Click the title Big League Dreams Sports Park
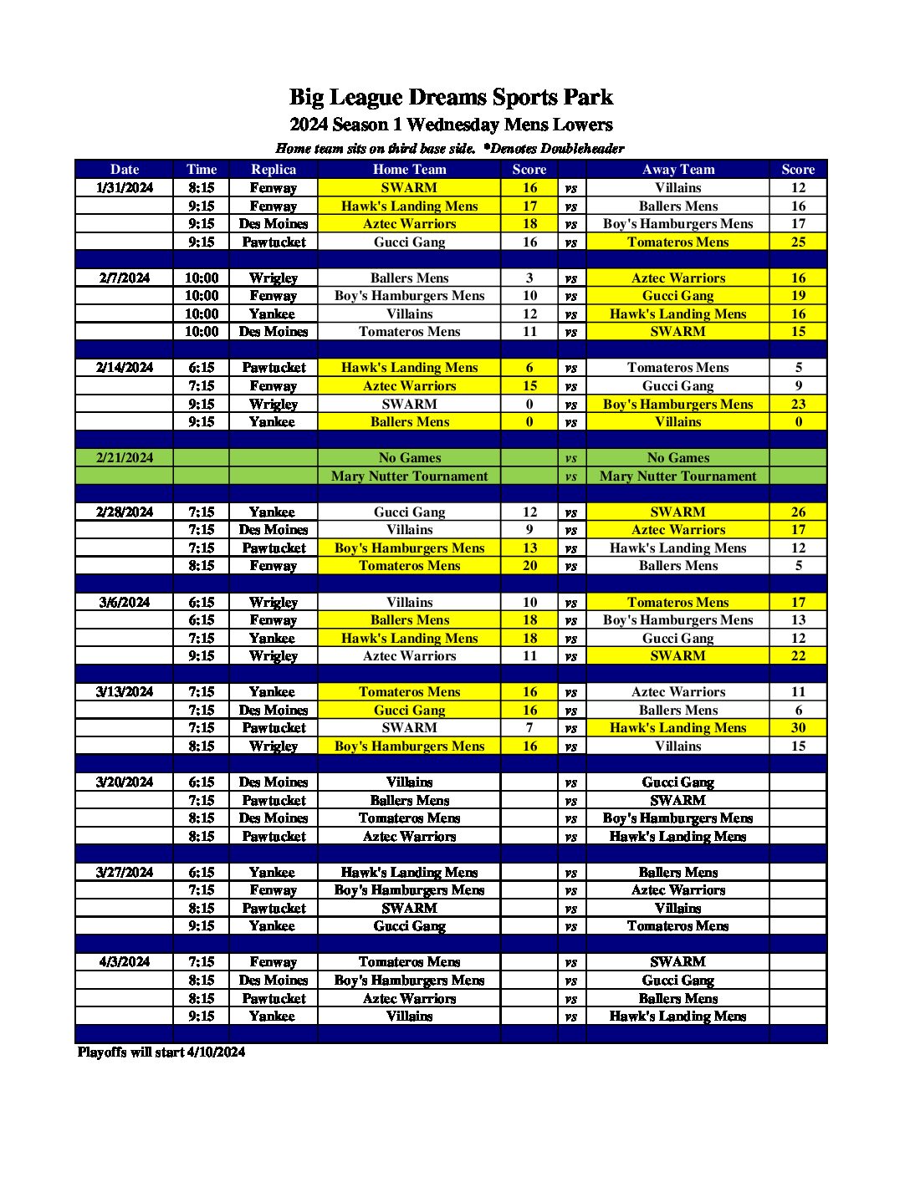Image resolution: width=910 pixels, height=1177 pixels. tap(451, 97)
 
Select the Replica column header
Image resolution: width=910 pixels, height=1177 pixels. tap(274, 169)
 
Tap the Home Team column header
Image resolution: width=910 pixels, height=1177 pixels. tap(409, 169)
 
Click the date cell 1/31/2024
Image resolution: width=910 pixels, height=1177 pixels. tap(125, 187)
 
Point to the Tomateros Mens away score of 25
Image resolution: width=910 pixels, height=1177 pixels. tap(798, 242)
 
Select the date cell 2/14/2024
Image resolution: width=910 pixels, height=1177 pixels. tap(125, 367)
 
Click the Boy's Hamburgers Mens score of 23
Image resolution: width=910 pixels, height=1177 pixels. tap(798, 404)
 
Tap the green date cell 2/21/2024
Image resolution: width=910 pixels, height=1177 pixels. tap(125, 457)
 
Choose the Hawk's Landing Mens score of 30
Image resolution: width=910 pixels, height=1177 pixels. tap(798, 727)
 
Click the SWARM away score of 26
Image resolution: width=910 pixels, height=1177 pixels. tap(798, 512)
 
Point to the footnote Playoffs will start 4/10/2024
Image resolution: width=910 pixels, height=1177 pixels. tap(161, 1052)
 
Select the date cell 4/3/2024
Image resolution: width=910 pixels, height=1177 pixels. tap(125, 961)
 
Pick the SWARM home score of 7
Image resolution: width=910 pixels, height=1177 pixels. tap(529, 727)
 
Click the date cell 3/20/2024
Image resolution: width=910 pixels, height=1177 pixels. tap(125, 782)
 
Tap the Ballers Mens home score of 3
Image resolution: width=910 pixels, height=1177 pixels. tap(529, 278)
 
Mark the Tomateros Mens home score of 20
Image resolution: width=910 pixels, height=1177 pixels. tap(529, 565)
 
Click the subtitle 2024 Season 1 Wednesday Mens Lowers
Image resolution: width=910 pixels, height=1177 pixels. tap(451, 125)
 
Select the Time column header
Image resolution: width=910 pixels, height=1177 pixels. tap(202, 169)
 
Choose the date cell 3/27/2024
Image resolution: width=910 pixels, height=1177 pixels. tap(125, 872)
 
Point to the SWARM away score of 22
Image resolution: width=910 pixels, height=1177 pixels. tap(798, 655)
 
